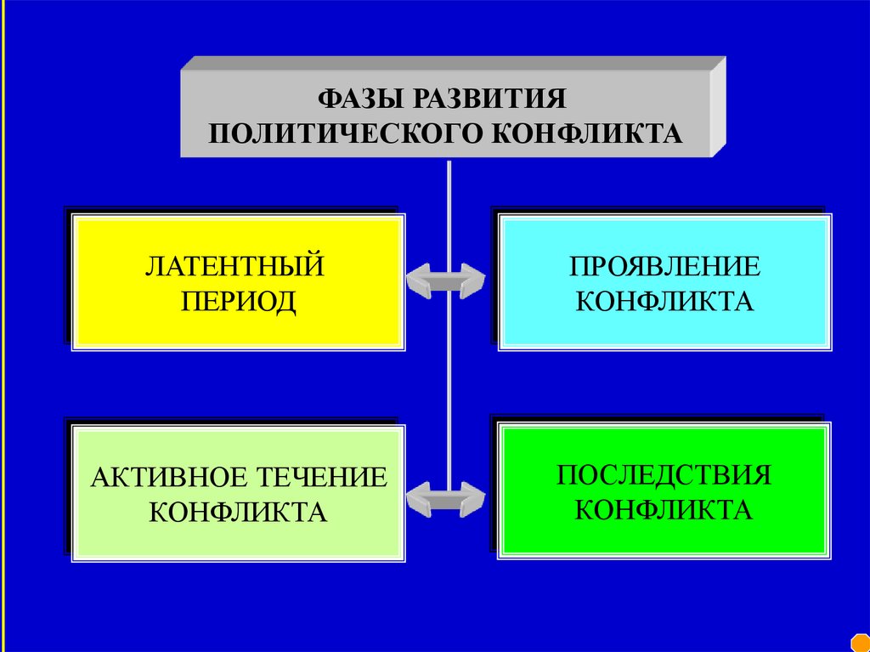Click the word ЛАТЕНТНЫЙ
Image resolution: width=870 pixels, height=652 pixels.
click(x=234, y=265)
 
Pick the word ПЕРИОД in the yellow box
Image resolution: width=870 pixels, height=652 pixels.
click(x=234, y=301)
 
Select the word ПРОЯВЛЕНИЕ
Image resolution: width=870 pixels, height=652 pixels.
click(x=664, y=265)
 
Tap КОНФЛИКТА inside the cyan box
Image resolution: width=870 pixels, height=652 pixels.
click(x=664, y=301)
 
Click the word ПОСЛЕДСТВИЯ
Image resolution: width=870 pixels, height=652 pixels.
click(x=664, y=474)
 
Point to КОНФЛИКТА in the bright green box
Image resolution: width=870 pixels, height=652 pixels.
click(x=664, y=510)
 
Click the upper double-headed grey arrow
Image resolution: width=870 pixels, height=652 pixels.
click(x=445, y=281)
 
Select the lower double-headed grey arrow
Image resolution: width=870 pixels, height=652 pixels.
click(x=445, y=498)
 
